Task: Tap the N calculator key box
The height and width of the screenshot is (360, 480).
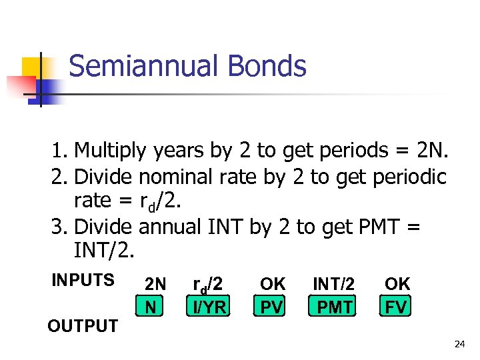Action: click(152, 307)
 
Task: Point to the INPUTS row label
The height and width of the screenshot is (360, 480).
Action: click(83, 280)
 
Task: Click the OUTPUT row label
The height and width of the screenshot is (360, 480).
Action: click(82, 326)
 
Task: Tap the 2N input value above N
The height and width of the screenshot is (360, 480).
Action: click(155, 284)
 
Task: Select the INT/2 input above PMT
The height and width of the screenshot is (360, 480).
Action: click(333, 284)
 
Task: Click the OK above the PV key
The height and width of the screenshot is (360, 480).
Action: click(273, 284)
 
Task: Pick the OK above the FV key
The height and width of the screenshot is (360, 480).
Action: click(397, 284)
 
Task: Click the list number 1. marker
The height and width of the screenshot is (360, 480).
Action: click(61, 151)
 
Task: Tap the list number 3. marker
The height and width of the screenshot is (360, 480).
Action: click(61, 227)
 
